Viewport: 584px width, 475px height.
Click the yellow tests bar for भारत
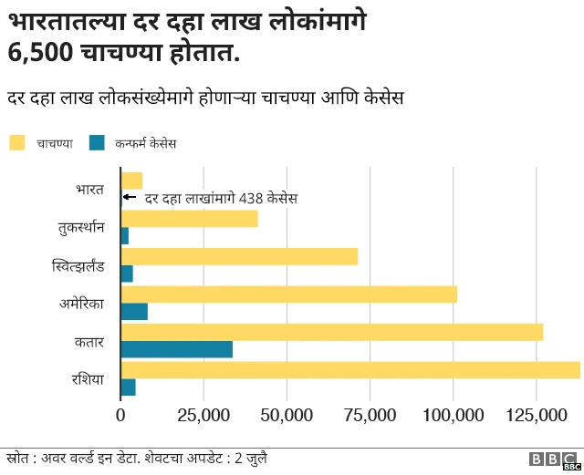131,181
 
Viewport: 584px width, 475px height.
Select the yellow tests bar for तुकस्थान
189,219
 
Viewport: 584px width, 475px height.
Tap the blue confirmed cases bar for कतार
176,349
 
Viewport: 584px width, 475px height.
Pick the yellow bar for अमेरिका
288,294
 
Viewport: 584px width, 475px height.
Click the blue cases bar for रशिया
128,387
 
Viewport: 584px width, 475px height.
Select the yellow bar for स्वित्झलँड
239,256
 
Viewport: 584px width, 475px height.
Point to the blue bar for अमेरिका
134,312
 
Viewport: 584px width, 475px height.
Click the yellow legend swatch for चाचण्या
17,142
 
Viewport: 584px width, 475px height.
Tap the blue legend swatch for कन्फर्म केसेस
97,142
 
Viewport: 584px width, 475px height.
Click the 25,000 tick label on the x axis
203,416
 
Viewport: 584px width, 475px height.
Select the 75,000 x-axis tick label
370,416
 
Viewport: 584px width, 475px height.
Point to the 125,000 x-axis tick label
536,416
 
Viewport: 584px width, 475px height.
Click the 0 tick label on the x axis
120,416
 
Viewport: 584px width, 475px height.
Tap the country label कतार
90,341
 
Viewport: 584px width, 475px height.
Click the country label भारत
90,190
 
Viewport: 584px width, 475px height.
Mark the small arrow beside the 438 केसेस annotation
129,198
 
